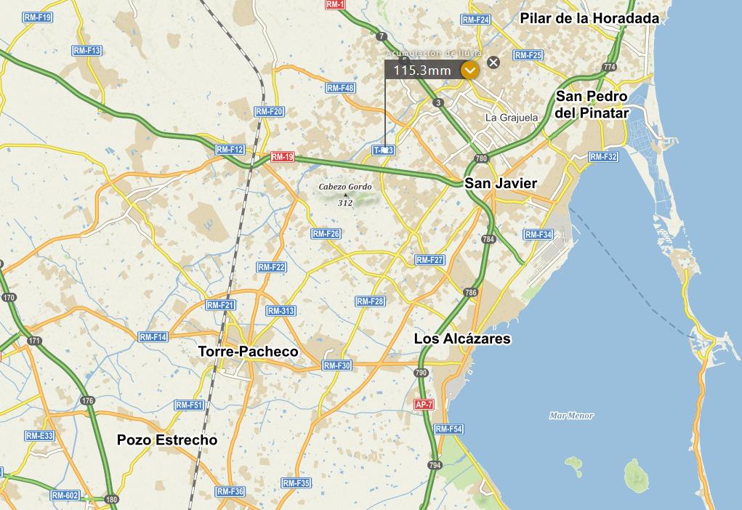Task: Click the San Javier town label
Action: [501, 183]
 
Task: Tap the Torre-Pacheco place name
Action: [249, 352]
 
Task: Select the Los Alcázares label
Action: [462, 339]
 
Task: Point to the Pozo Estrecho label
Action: [167, 440]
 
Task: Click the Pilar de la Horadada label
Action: [589, 18]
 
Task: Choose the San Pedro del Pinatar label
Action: [592, 105]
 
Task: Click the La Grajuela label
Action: [512, 117]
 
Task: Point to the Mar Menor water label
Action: [571, 416]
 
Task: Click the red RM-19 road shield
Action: [282, 157]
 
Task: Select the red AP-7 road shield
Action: [423, 405]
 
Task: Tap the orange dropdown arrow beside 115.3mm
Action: [470, 70]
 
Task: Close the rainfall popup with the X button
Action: [493, 62]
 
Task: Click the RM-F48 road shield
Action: [340, 88]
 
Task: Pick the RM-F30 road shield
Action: [337, 365]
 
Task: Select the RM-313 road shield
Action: [281, 311]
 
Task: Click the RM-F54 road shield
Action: [449, 429]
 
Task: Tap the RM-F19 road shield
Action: [37, 17]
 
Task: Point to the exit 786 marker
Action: [471, 293]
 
